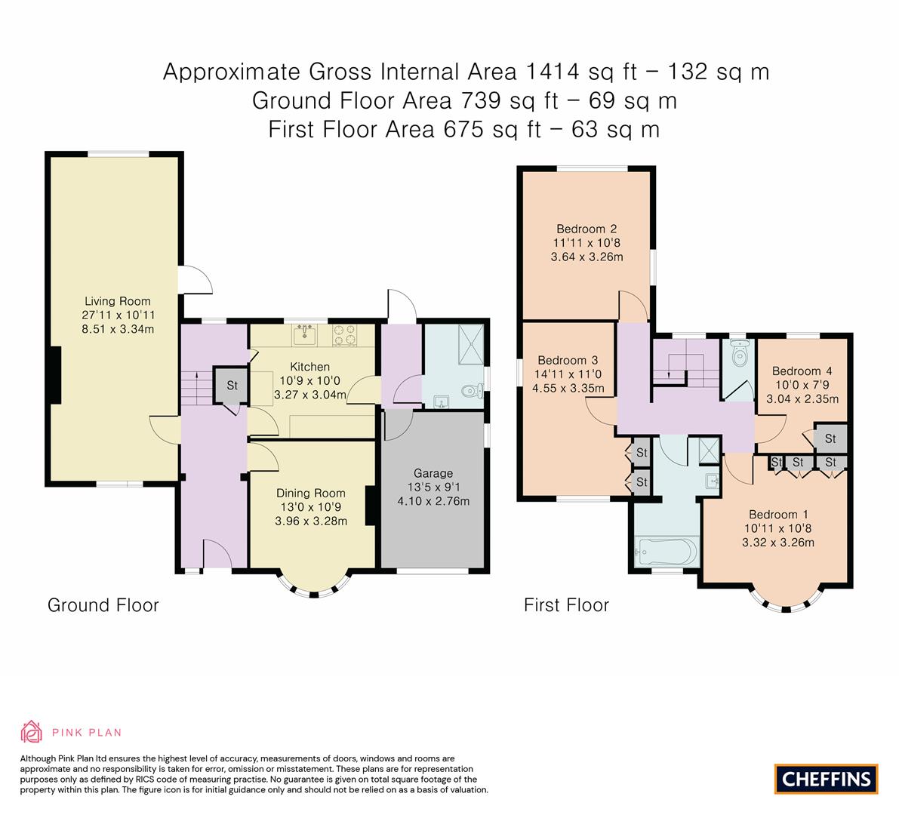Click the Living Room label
(117, 301)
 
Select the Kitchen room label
(310, 367)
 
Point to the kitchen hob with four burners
(344, 334)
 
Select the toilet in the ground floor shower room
(470, 390)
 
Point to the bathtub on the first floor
(666, 551)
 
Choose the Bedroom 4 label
(802, 371)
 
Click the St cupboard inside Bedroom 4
(830, 438)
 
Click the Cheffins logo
(826, 779)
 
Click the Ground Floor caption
(103, 605)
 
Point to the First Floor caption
(566, 605)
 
